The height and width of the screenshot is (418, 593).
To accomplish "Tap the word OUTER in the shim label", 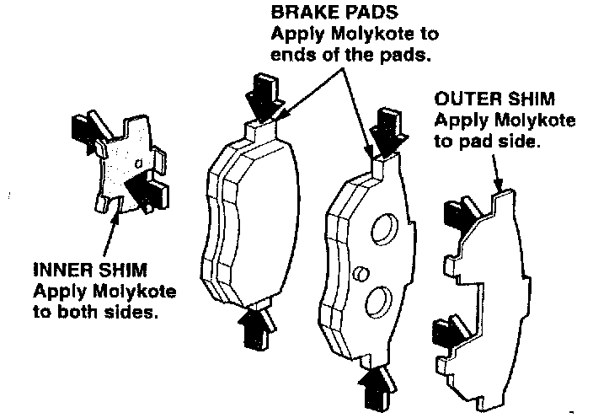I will tap(462, 99).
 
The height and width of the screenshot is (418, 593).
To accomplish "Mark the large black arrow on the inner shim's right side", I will tap(147, 189).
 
